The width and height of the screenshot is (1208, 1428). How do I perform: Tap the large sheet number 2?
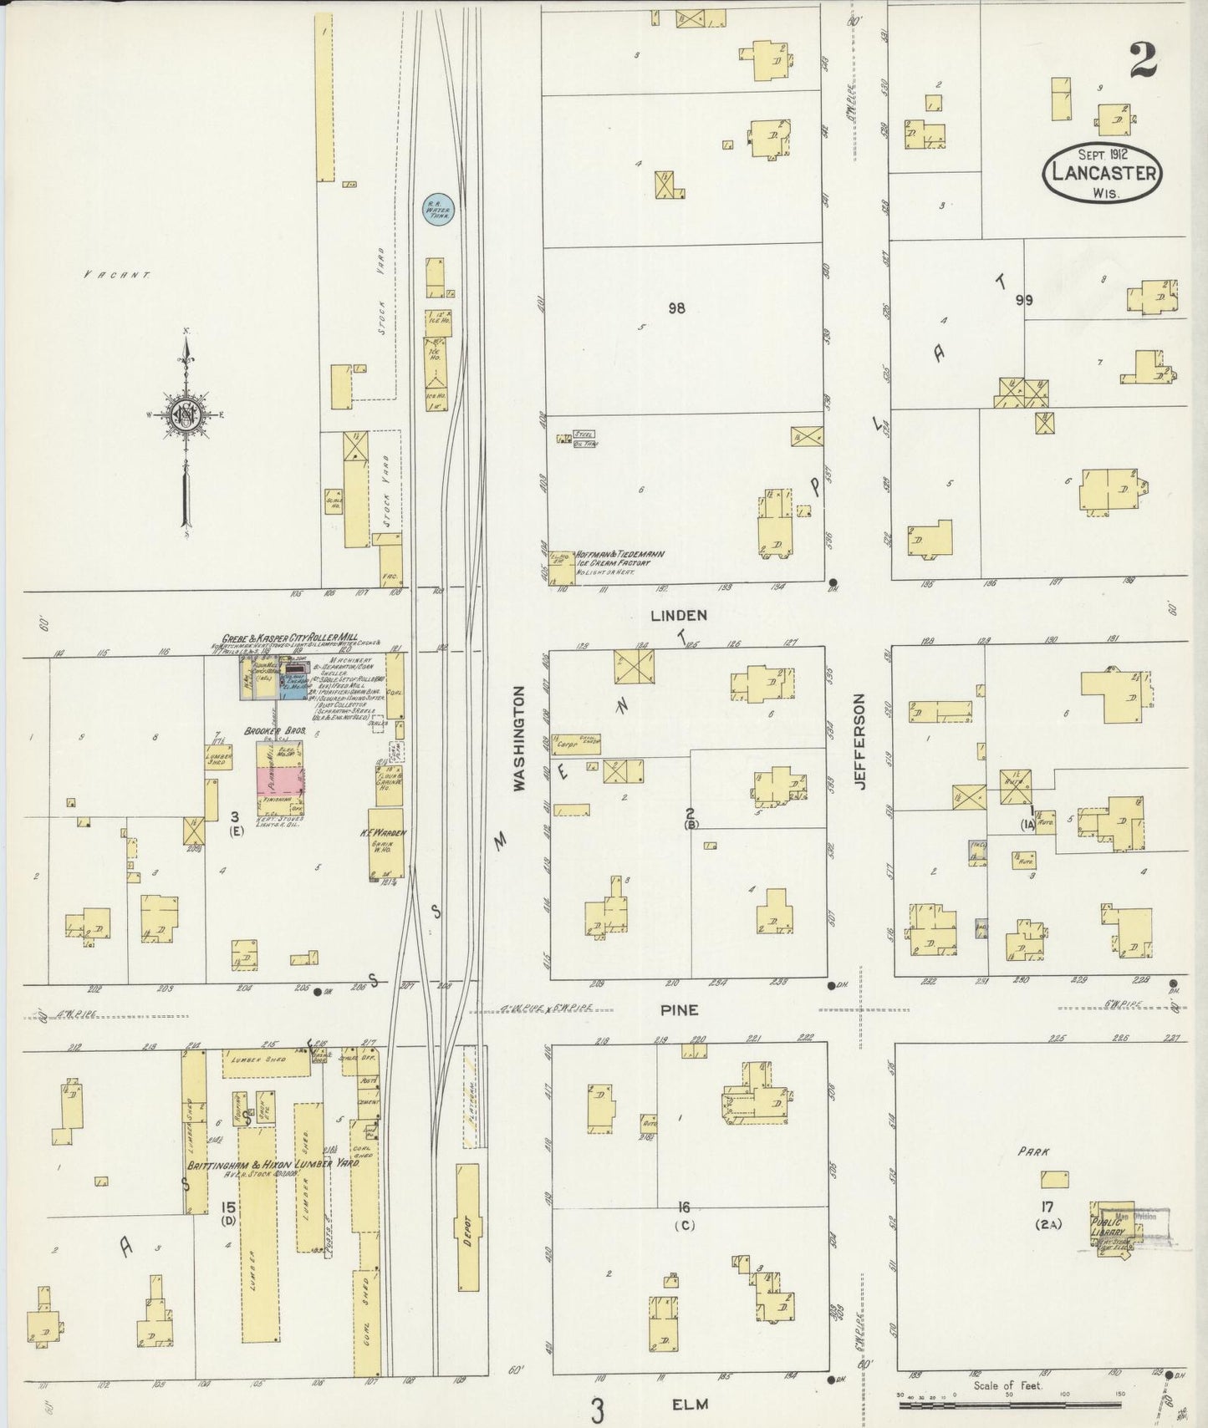pos(1143,60)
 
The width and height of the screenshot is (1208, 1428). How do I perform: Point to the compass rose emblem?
pos(185,414)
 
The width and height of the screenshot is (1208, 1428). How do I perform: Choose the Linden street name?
pos(679,615)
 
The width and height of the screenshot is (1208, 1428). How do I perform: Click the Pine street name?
pos(680,1010)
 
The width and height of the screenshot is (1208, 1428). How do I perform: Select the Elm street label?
pos(690,1404)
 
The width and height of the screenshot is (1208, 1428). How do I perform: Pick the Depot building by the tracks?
pos(468,1235)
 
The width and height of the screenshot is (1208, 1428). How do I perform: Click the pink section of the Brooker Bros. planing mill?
pos(279,781)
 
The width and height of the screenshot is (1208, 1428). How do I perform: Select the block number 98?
pos(676,308)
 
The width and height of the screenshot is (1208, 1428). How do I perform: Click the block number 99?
pos(1024,300)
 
